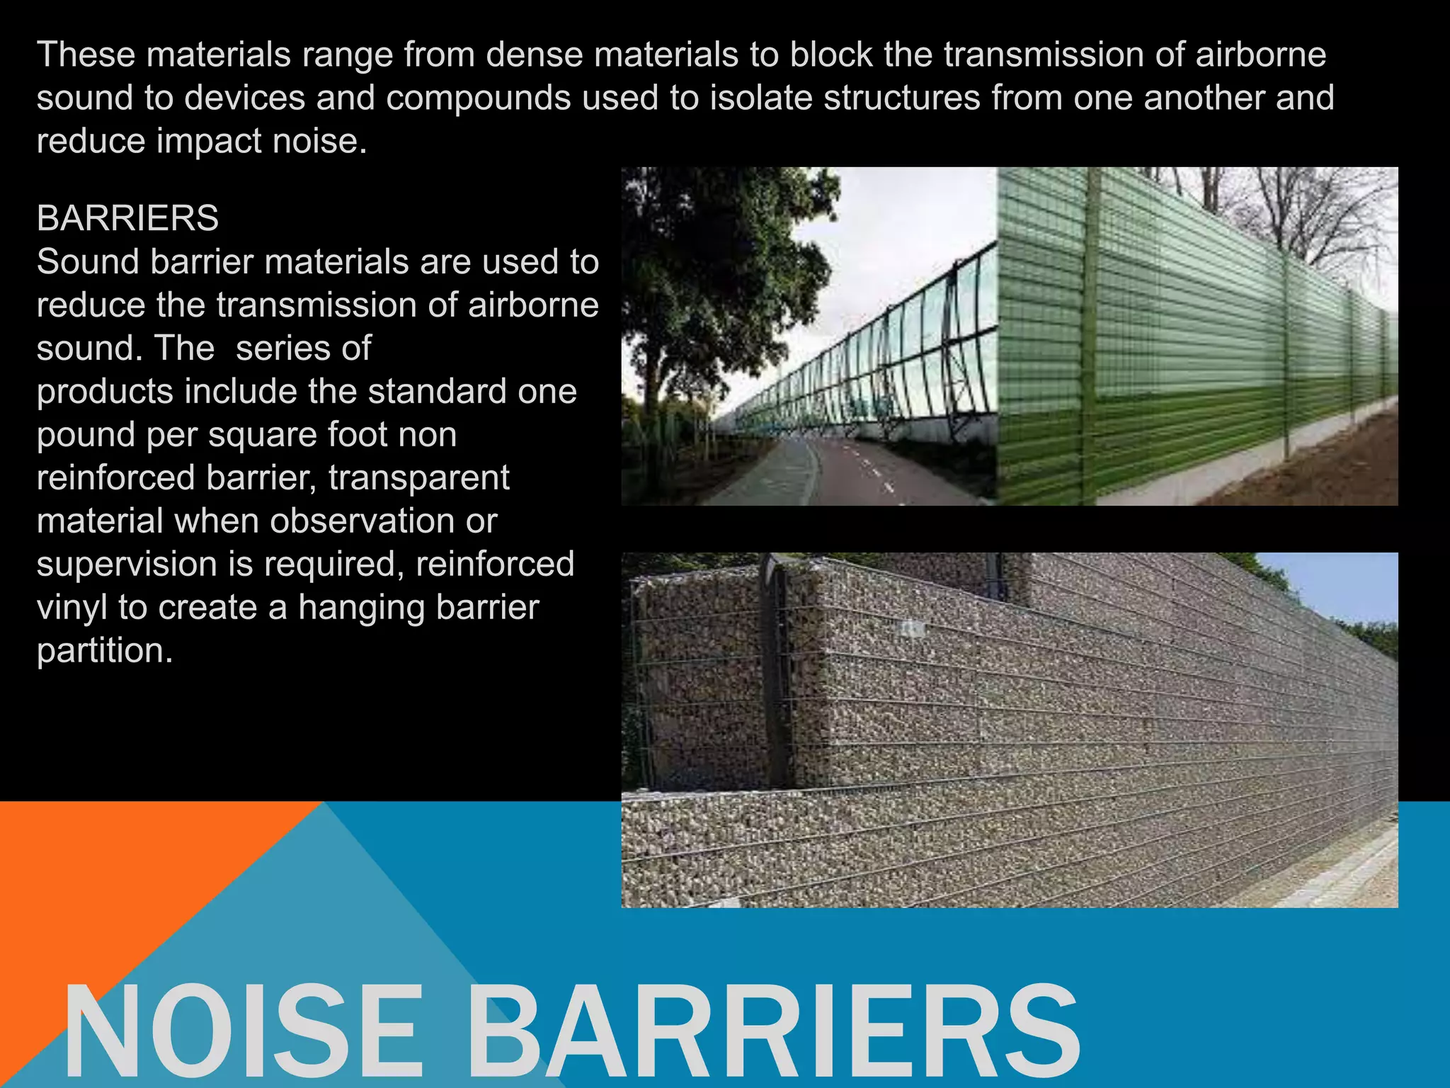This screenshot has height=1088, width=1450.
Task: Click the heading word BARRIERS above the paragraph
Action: click(x=127, y=218)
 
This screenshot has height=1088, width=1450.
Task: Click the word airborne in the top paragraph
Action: click(x=1260, y=55)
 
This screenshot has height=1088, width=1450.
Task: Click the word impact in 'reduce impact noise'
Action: click(x=209, y=141)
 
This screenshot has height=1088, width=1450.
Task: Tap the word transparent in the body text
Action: click(x=418, y=477)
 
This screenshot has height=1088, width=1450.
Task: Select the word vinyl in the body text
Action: click(x=72, y=607)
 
